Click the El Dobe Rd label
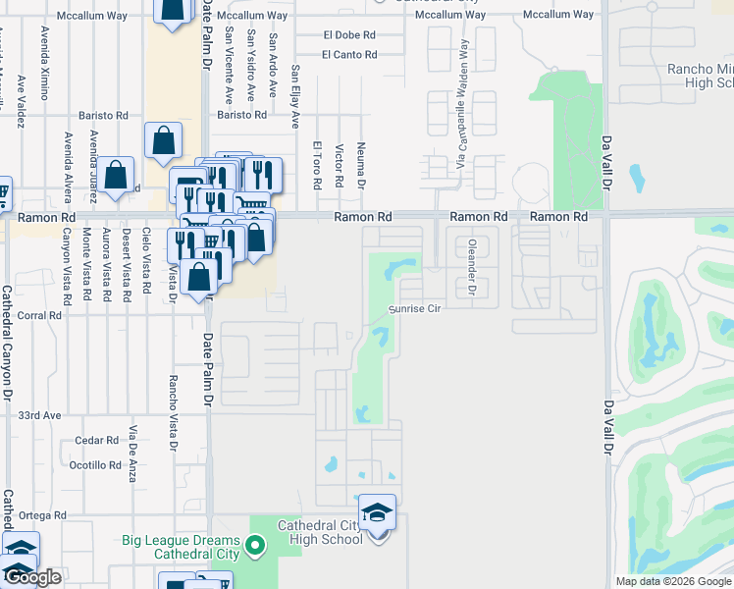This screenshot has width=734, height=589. pos(349,34)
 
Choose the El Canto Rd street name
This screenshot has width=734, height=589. pos(348,55)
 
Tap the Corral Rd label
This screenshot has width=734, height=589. pos(39,316)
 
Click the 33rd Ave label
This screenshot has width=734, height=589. pos(39,415)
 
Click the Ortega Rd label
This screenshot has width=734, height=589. pos(39,515)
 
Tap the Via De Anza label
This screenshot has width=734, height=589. pos(132,454)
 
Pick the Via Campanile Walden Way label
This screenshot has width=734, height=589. pos(460,103)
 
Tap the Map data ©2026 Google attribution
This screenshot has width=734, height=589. pos(673,581)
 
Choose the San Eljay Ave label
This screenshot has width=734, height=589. pos(294,97)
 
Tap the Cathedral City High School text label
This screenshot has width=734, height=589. pos(321,531)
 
